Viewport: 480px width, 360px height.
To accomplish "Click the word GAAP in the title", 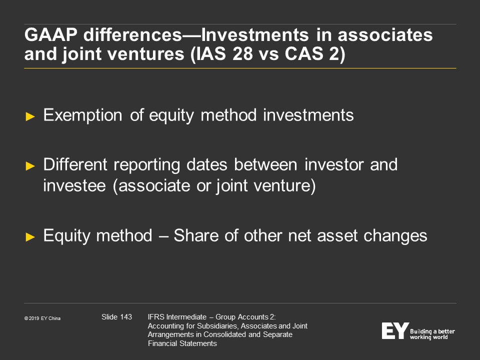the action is [51, 34].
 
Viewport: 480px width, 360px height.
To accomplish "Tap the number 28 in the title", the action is [243, 53].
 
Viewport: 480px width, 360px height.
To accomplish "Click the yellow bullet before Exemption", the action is [30, 116].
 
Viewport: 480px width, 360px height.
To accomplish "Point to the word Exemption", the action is [82, 115].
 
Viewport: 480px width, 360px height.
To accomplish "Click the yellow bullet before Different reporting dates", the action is [30, 166].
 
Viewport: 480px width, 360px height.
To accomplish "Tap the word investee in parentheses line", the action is [74, 185].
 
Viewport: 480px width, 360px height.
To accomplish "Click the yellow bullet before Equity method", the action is [30, 237].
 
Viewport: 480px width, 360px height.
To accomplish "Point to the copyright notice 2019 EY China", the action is [42, 318].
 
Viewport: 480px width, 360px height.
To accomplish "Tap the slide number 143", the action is [126, 317].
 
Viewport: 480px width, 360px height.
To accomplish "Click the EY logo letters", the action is [395, 330].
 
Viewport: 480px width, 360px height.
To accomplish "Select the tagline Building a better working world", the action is [432, 334].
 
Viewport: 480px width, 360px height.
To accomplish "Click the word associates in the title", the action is [385, 34].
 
